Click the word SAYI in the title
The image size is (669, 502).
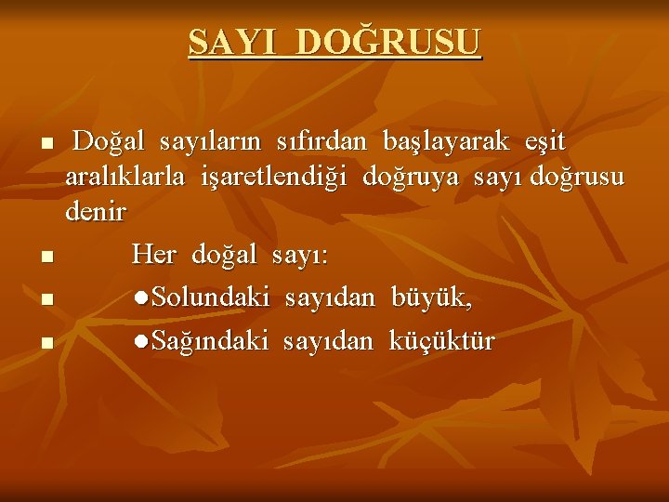tap(222, 42)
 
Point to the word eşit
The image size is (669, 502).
tap(544, 142)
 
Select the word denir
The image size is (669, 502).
tap(95, 211)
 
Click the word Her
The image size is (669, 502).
tap(153, 253)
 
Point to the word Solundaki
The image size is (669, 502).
tap(210, 297)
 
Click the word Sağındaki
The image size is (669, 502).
tap(210, 341)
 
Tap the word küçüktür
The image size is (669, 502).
tap(441, 341)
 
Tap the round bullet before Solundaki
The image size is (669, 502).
tap(139, 298)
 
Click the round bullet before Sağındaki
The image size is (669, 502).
tap(139, 342)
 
